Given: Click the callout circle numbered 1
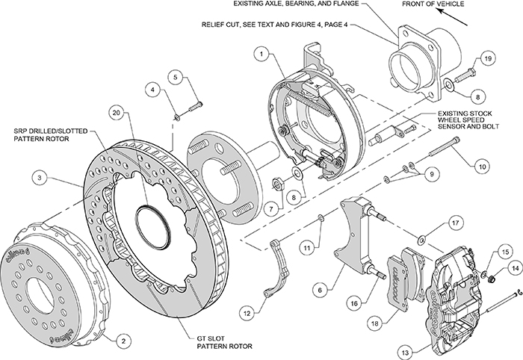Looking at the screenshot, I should click(x=261, y=54).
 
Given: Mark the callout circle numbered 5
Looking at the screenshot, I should click(x=175, y=77).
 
